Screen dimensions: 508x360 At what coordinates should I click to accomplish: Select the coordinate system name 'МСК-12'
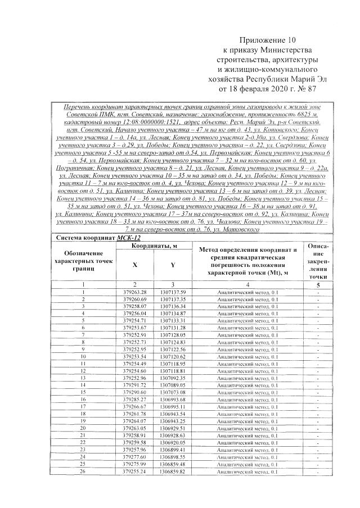pos(132,222)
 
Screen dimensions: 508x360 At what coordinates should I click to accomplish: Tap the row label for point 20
pos(83,428)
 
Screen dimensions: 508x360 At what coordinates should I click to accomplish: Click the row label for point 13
pos(83,377)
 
